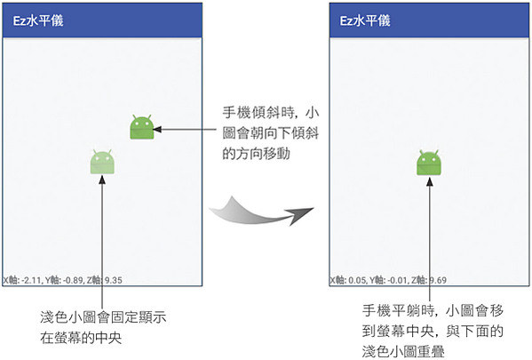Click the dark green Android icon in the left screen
[142, 127]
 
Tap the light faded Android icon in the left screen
[102, 162]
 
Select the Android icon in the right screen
[429, 163]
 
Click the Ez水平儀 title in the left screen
[38, 20]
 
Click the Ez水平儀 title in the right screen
[365, 20]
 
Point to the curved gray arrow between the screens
[260, 212]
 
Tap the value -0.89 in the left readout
[73, 280]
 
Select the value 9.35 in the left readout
[114, 280]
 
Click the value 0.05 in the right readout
[357, 280]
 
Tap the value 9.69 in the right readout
[438, 280]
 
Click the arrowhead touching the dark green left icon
[157, 129]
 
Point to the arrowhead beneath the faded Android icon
[102, 180]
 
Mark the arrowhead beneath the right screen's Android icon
[430, 181]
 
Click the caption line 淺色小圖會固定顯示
[103, 317]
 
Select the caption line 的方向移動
[256, 154]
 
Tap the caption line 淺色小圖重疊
[403, 351]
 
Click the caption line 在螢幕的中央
[81, 338]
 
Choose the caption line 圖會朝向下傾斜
[270, 133]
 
